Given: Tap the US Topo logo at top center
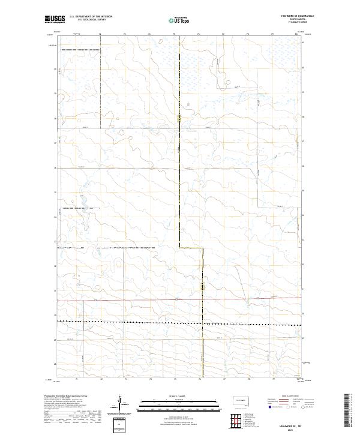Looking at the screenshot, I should coord(179,19).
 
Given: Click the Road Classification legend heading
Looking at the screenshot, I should coord(281,397).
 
